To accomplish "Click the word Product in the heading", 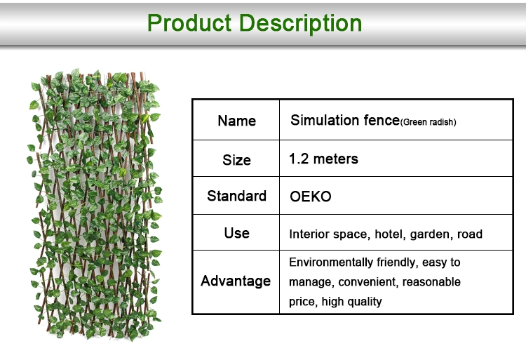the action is [x=189, y=23].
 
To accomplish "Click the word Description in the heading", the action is [x=301, y=24].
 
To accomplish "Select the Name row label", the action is [x=236, y=121].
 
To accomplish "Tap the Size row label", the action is [x=236, y=160].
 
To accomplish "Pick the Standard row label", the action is [x=236, y=196].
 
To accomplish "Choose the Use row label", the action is [x=236, y=233].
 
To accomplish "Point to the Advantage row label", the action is [x=236, y=281].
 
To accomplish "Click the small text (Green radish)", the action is [x=428, y=122].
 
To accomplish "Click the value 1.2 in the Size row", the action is [x=299, y=159].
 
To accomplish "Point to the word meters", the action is [x=335, y=159].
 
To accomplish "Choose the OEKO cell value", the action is [x=310, y=196].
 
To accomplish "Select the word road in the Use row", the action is [x=470, y=234].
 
